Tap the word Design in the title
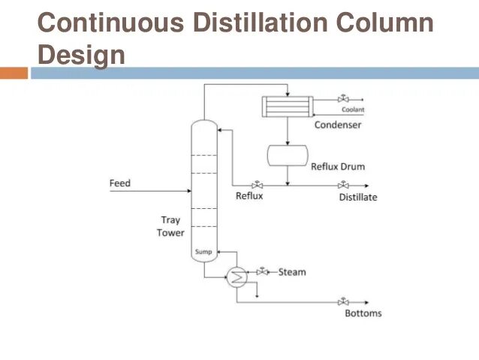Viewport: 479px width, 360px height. coord(81,54)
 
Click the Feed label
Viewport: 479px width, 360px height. coord(119,183)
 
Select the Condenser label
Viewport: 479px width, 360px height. coord(337,125)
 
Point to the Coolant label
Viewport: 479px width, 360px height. coord(352,110)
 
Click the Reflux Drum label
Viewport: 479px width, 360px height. coord(338,166)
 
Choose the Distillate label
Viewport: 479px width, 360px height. coord(357,198)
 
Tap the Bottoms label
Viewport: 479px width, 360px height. coord(363,313)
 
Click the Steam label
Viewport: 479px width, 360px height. coord(292,271)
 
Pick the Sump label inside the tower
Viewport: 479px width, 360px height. coord(203,252)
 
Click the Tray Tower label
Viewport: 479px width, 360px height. coord(170,226)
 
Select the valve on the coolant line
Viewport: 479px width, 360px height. coord(343,99)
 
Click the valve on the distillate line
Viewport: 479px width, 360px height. coord(343,185)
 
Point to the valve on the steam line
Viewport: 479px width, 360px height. coord(262,271)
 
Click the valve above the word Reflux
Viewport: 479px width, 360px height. coord(257,185)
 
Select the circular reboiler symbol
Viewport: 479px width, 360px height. coord(237,277)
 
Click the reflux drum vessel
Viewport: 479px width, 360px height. coord(288,154)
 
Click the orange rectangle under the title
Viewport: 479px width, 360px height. coord(14,74)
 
